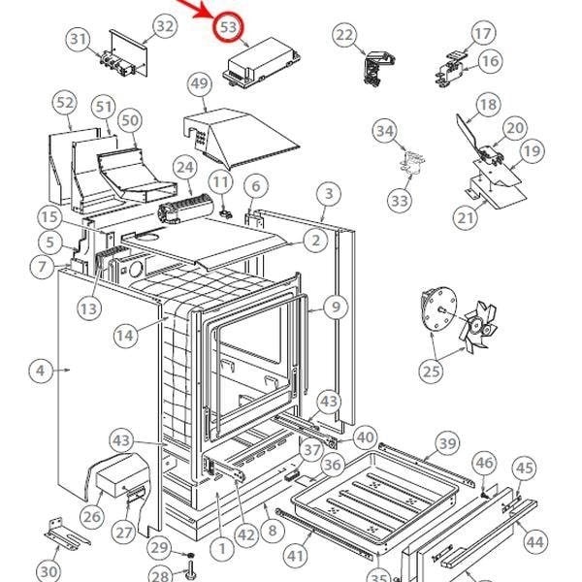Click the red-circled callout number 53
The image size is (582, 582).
point(229,27)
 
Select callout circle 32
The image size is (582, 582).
point(166,26)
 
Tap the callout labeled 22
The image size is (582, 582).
point(344,36)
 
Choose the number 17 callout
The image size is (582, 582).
point(483,34)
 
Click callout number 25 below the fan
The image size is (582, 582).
point(431,370)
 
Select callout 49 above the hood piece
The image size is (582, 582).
point(200,85)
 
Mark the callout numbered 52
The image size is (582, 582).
point(65,102)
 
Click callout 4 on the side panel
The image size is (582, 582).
point(40,371)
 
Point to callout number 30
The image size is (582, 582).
point(49,571)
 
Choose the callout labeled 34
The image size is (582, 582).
point(385,131)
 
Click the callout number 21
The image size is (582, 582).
point(467,218)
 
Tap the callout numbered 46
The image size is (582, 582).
point(484,463)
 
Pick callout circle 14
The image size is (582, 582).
point(124,335)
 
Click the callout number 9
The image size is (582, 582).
point(335,307)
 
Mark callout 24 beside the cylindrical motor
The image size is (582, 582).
point(184,168)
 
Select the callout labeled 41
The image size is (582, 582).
point(295,556)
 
